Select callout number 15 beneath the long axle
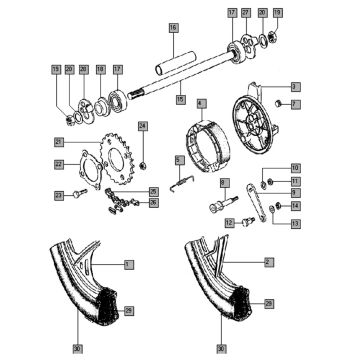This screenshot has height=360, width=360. [x=180, y=100]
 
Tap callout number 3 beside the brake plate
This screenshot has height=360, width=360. [x=295, y=87]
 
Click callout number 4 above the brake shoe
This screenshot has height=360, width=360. [x=201, y=102]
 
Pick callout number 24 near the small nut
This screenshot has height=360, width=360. [x=143, y=126]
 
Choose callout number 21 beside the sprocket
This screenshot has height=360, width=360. [x=60, y=141]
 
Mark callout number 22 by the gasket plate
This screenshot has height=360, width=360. [x=60, y=164]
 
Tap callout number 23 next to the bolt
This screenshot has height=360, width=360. [x=60, y=194]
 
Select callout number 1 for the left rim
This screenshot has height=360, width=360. [x=128, y=264]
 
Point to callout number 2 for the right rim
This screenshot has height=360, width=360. [x=268, y=261]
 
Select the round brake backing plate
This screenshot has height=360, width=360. [x=255, y=124]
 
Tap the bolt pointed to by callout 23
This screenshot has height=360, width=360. [x=79, y=194]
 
